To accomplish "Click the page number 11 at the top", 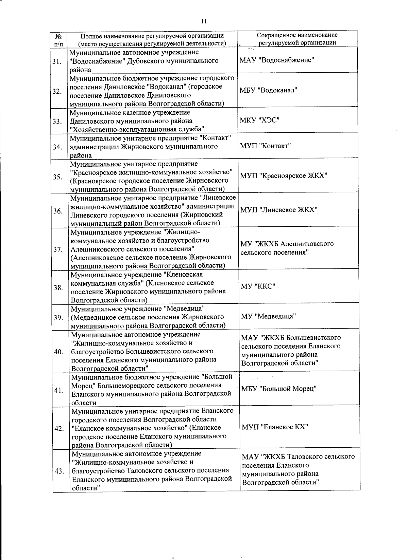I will tap(204, 21).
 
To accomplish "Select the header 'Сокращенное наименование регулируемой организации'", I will tap(297, 39).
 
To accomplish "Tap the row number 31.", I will tap(57, 62).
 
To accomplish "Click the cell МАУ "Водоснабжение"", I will tap(277, 60).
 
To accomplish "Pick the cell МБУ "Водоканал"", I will tap(269, 90).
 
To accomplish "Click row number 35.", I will tap(57, 177).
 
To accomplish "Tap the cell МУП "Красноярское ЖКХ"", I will tap(284, 175).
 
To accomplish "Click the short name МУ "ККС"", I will tap(258, 286).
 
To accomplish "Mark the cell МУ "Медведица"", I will tap(269, 316).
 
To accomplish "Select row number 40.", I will tap(58, 352).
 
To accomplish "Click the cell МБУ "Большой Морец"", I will tap(279, 389).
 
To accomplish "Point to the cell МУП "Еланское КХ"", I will tap(275, 427).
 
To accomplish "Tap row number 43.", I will tap(59, 471).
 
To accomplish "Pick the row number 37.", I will tap(58, 249).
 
